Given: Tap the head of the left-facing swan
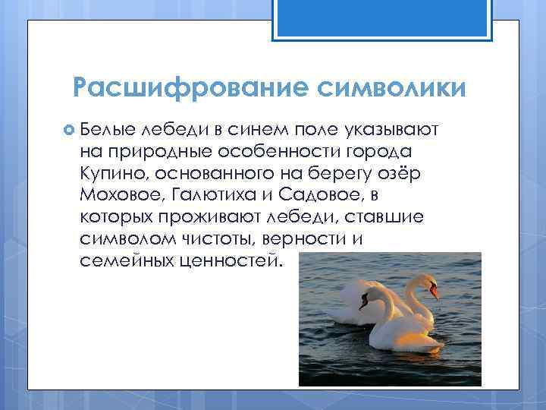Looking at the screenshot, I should pos(370,295).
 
